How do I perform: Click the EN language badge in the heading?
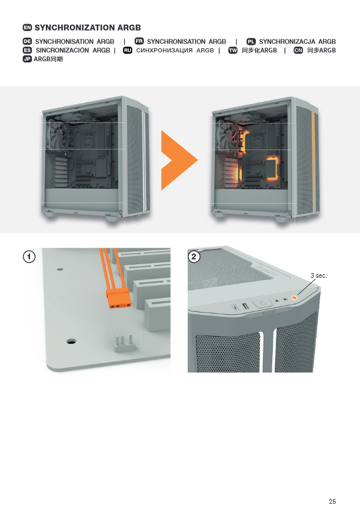27,28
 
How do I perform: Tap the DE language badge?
27,41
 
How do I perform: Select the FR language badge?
139,41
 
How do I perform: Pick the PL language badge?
251,41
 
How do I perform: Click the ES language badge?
27,50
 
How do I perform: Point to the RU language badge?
128,50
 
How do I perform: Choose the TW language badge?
233,50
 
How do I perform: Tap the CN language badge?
298,50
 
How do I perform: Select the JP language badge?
27,59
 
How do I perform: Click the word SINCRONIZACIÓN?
62,50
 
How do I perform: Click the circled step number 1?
29,257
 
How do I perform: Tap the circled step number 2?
194,257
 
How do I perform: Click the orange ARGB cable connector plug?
119,298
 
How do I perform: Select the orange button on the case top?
294,297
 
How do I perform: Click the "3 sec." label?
319,275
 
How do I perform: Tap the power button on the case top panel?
263,303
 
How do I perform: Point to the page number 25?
332,501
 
